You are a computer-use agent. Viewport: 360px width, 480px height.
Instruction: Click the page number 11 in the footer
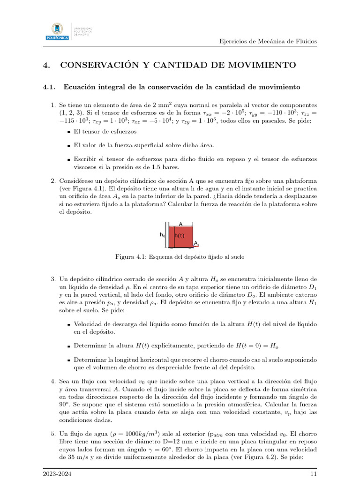click(314, 474)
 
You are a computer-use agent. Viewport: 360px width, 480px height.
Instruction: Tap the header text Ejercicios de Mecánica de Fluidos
click(268, 41)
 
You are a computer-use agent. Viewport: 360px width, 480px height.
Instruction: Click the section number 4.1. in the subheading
click(49, 87)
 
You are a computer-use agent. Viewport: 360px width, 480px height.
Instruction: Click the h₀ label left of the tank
click(162, 234)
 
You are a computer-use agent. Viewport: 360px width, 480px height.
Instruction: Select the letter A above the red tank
click(180, 225)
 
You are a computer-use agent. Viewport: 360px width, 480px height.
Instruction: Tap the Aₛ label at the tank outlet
click(196, 243)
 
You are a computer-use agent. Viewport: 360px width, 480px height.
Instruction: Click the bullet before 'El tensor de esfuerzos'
click(68, 132)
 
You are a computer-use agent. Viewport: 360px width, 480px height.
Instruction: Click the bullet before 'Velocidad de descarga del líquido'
click(68, 324)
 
